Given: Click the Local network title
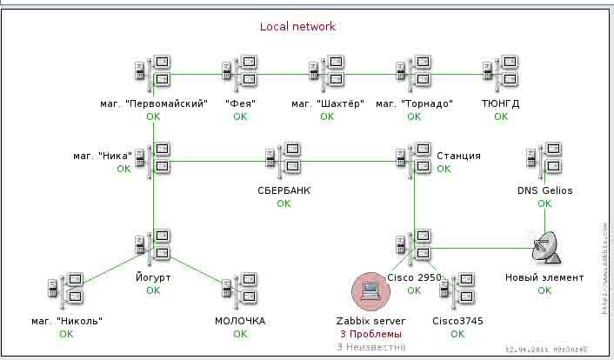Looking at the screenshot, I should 297,27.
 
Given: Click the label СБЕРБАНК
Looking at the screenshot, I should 284,190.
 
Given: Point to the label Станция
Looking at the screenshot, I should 458,156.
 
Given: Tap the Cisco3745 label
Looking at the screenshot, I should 457,321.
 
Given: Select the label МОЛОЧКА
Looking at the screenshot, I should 240,321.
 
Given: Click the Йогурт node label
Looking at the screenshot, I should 153,277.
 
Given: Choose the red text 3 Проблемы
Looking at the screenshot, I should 370,334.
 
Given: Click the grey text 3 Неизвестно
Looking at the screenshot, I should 370,347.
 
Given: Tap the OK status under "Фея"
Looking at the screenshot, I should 240,117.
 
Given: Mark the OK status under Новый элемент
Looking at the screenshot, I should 544,290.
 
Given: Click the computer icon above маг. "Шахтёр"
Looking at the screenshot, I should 326,72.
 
